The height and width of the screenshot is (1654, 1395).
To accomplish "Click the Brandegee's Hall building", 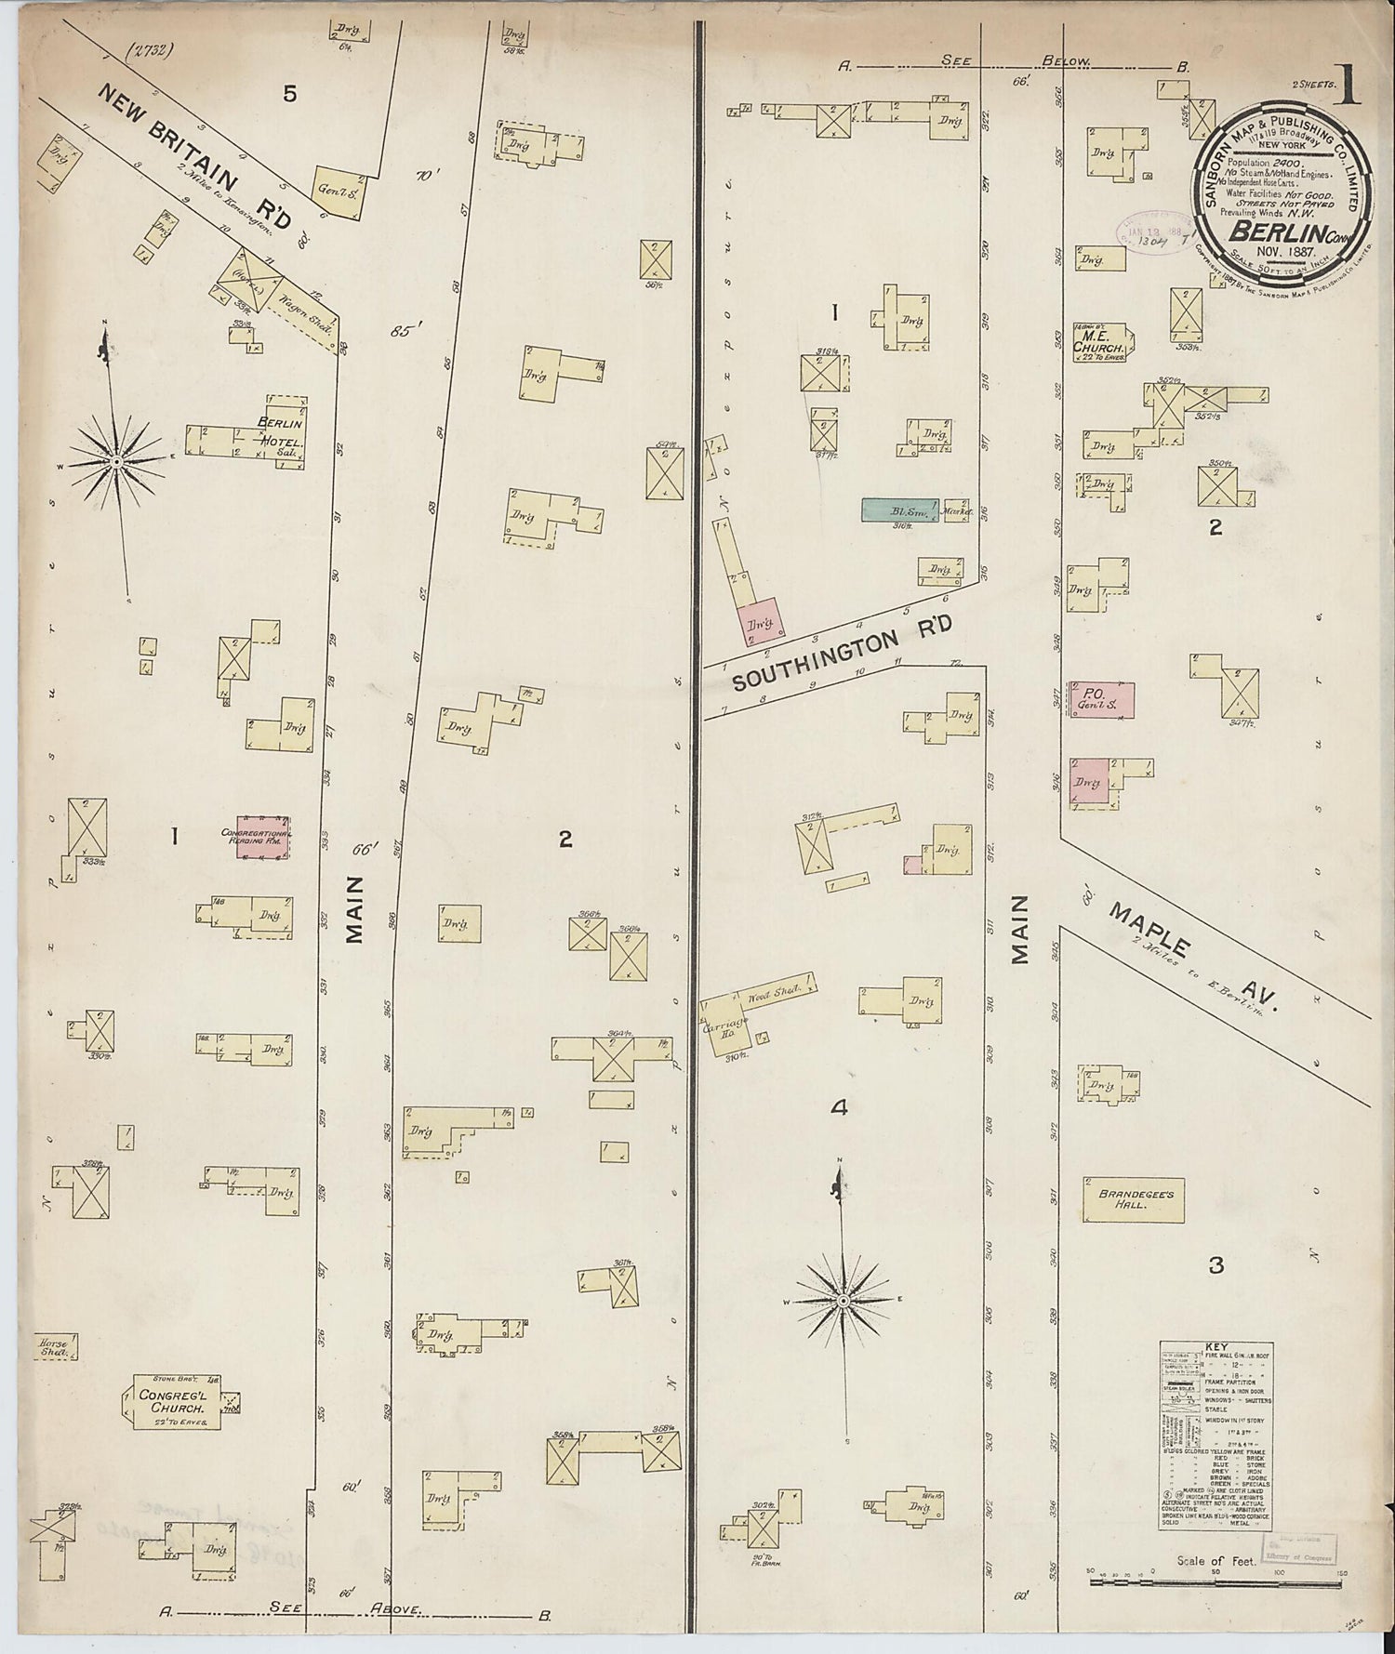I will pos(1133,1199).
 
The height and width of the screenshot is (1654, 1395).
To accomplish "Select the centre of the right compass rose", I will pos(843,1299).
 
